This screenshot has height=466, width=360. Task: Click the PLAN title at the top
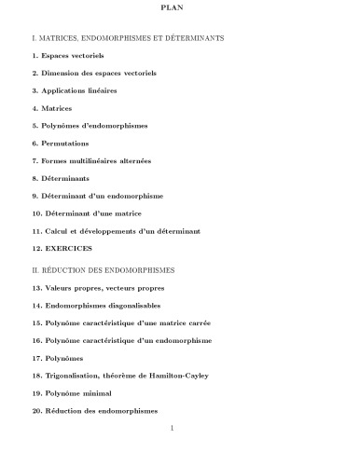tap(180, 10)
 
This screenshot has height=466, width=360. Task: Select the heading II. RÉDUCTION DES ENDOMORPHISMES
tap(116, 269)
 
